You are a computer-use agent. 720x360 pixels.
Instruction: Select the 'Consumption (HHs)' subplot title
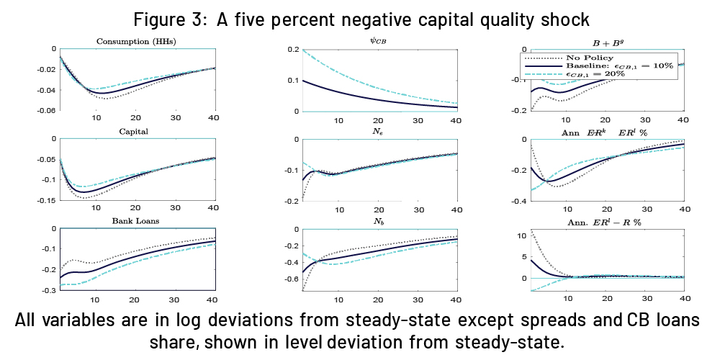136,42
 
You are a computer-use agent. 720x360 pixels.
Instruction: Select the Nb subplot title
379,222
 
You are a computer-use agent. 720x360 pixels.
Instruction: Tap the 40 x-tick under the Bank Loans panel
212,299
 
